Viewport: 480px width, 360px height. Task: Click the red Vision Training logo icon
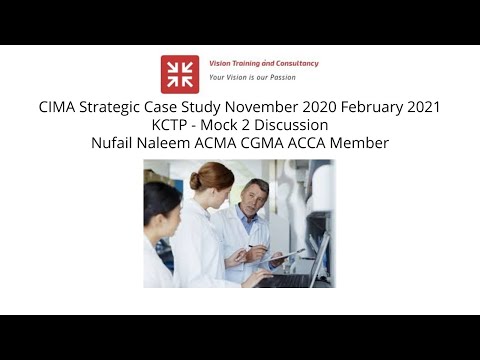pyautogui.click(x=180, y=74)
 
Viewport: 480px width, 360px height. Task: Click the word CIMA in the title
pyautogui.click(x=59, y=107)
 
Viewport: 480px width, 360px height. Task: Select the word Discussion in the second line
pyautogui.click(x=291, y=125)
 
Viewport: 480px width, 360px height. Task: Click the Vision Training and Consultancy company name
pyautogui.click(x=264, y=63)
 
